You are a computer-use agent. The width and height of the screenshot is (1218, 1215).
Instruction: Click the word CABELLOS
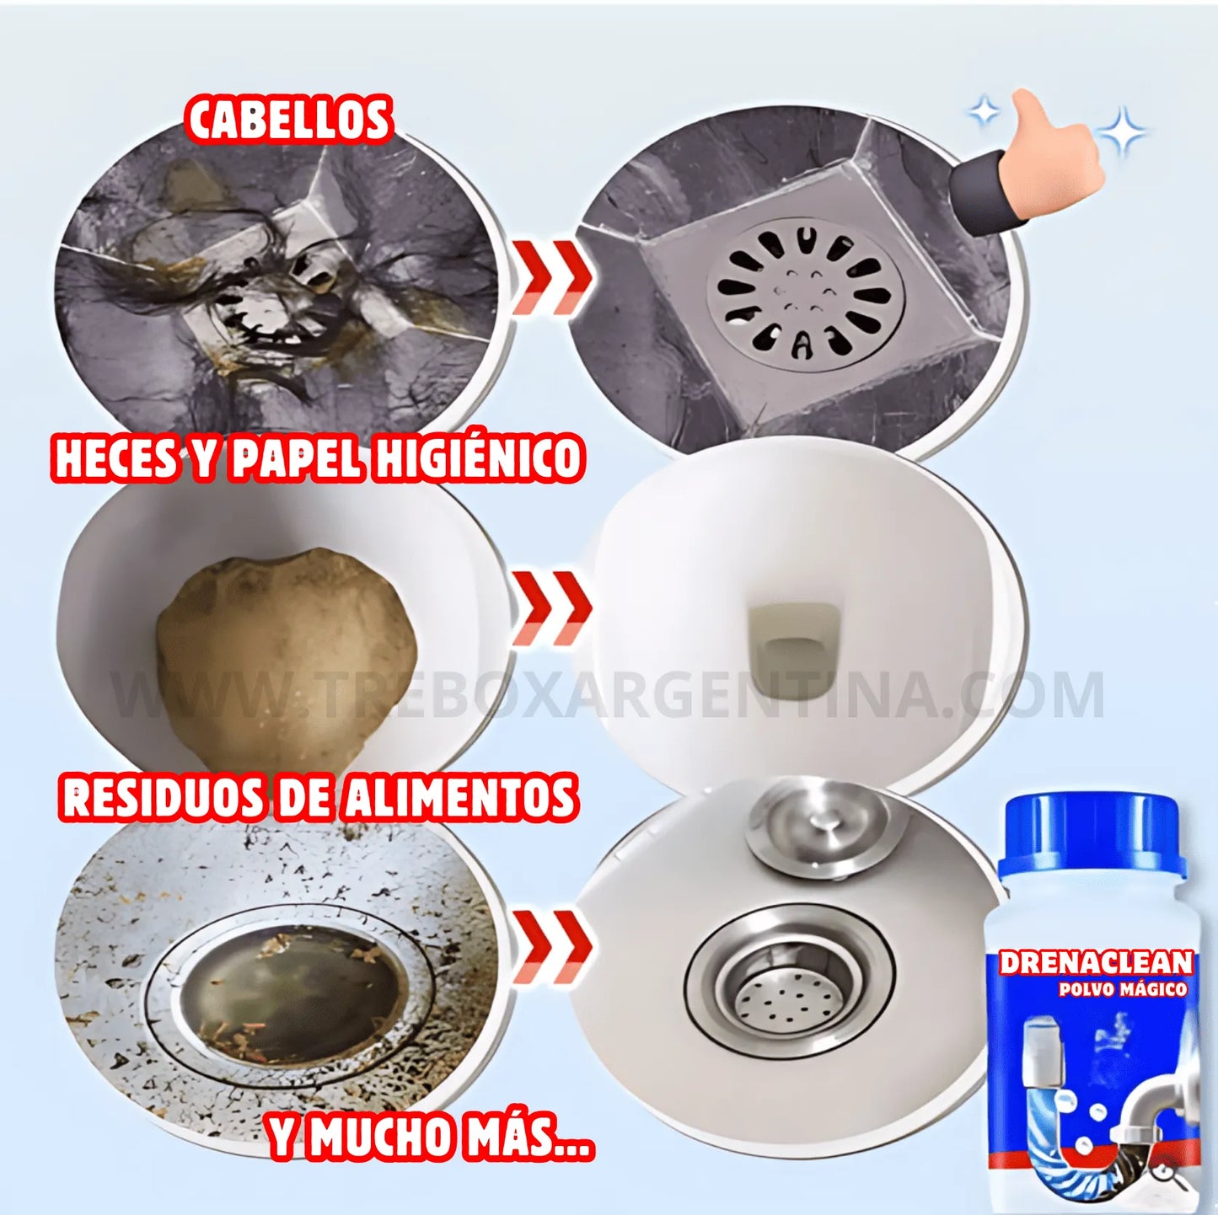(289, 120)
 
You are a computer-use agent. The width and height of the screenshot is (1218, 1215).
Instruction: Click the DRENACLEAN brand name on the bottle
(1096, 962)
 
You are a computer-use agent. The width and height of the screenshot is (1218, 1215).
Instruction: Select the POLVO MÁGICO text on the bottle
(1123, 989)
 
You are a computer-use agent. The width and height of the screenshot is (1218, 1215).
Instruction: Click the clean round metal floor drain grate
(805, 295)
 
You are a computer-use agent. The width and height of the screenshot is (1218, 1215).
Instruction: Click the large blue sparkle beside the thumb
(1122, 131)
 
